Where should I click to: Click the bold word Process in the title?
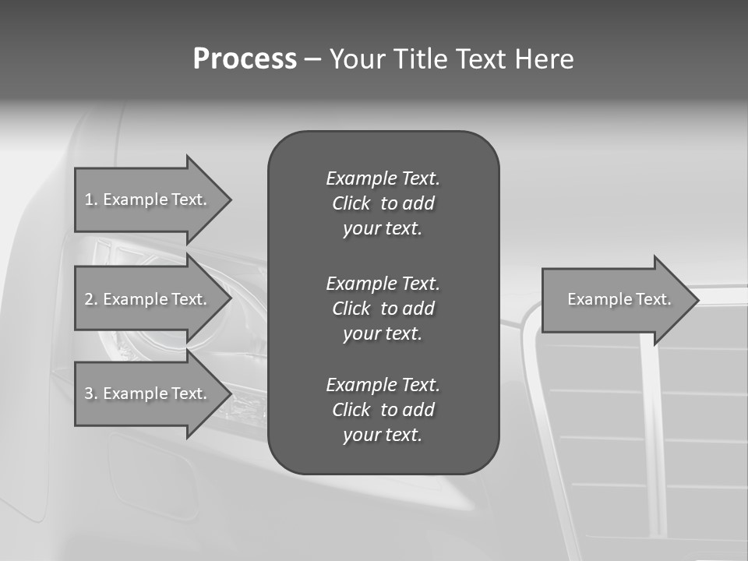pos(245,59)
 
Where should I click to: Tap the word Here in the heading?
pos(544,59)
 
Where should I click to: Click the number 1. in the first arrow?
pos(91,199)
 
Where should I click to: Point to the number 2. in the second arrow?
pos(91,299)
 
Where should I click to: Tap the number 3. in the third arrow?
pos(91,393)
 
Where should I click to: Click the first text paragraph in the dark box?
pos(383,203)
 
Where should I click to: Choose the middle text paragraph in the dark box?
pos(383,308)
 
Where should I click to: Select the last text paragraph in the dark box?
pos(383,410)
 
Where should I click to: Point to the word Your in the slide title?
pos(357,59)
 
